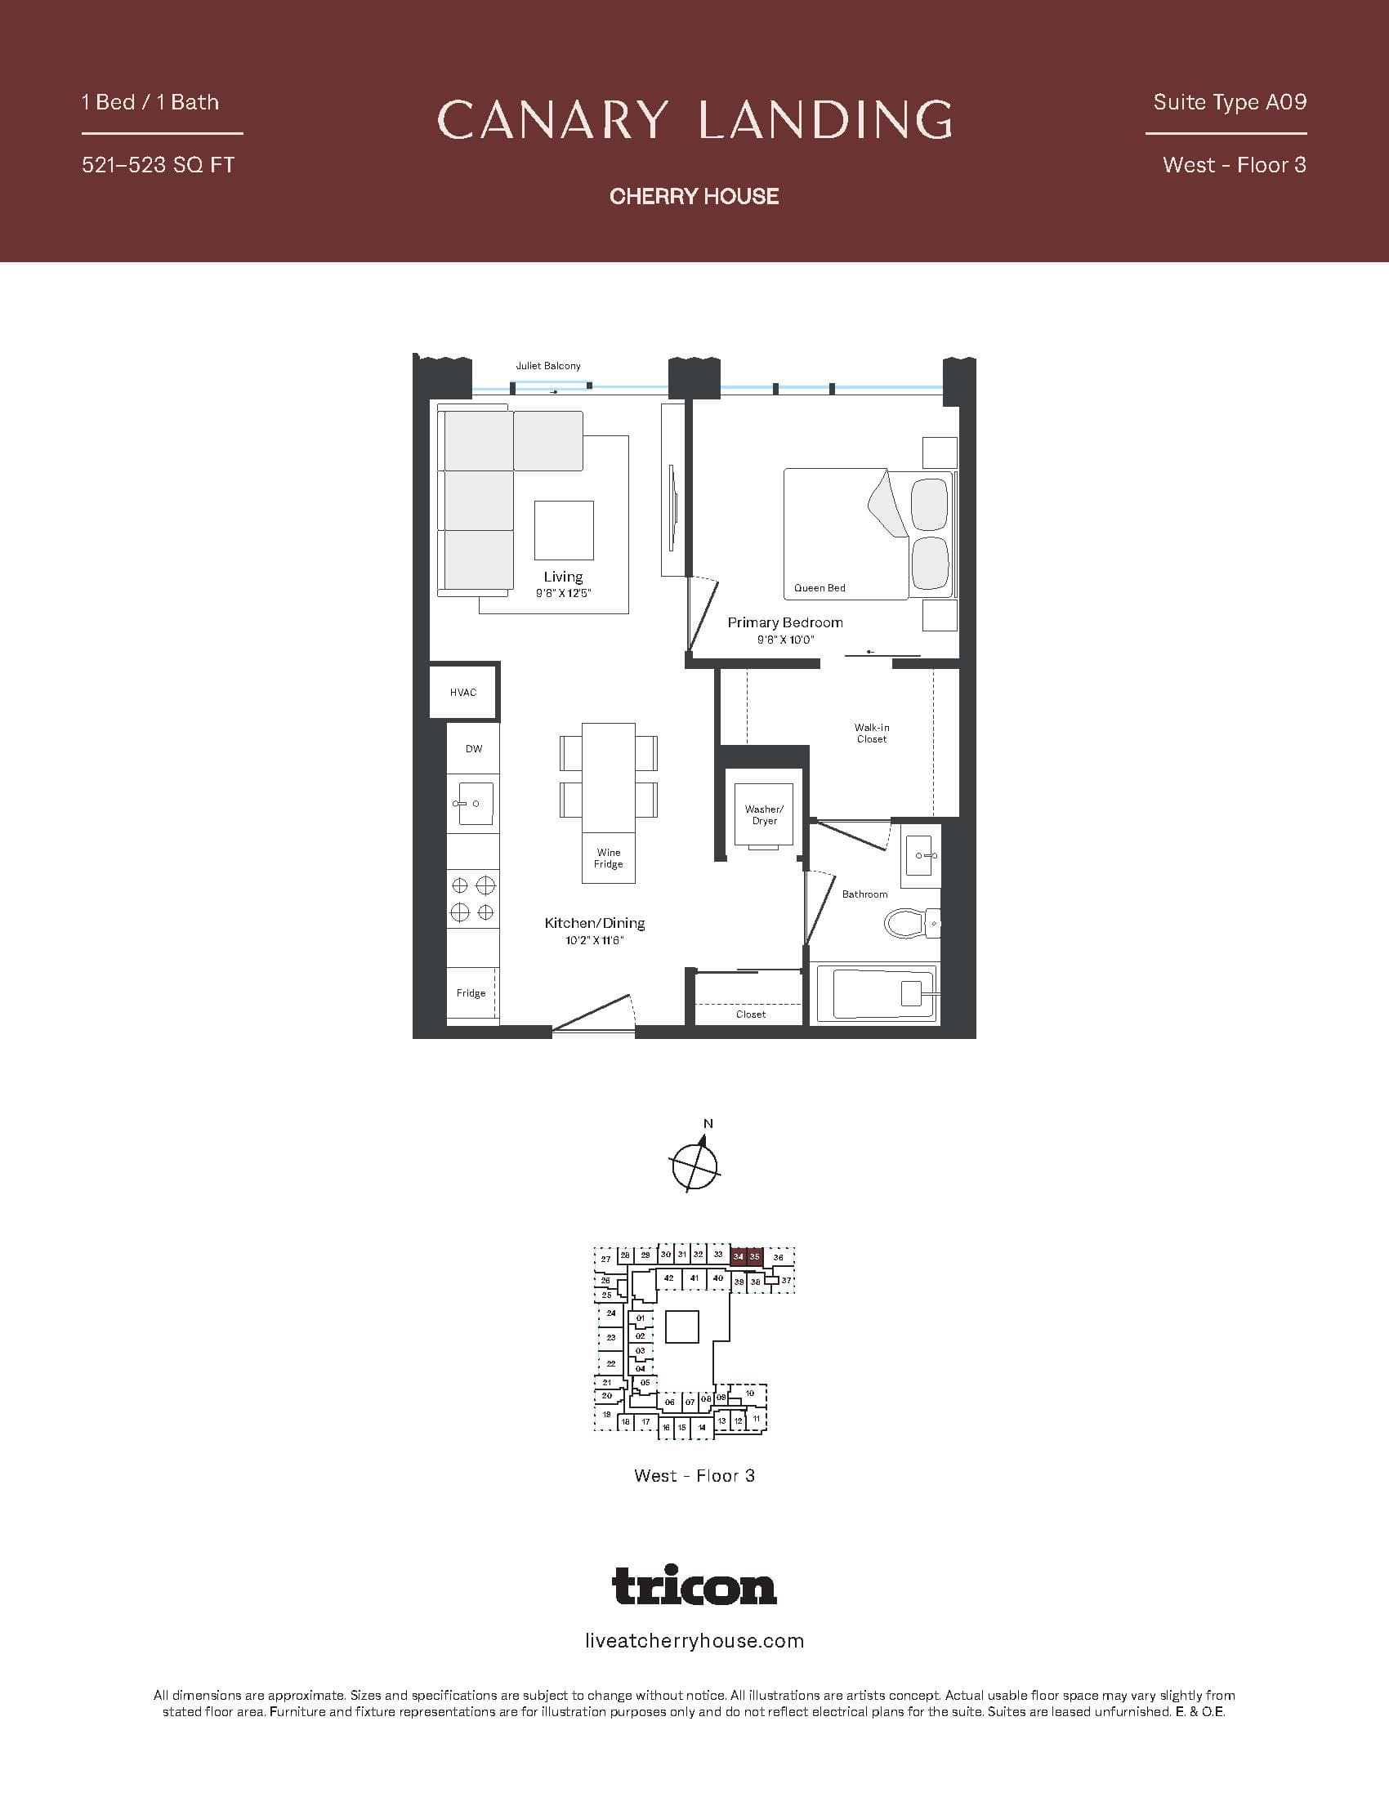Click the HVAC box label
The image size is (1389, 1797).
[x=462, y=693]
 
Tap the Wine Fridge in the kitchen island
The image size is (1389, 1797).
[x=608, y=858]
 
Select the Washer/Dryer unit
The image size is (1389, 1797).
[x=764, y=814]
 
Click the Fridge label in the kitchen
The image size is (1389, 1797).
[x=471, y=993]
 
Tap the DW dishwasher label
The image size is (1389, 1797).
[x=473, y=749]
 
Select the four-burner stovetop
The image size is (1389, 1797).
[x=472, y=898]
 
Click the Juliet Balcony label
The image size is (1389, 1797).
[x=548, y=366]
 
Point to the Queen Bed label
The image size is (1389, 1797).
[x=820, y=588]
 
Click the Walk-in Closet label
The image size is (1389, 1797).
[x=872, y=734]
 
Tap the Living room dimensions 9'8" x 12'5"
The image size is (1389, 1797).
[x=563, y=593]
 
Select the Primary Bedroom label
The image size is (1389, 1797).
[x=785, y=623]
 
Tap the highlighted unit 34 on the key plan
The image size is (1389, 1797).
[x=738, y=1256]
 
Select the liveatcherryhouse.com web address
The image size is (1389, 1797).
[x=694, y=1642]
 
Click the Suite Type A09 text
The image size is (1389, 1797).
[x=1230, y=102]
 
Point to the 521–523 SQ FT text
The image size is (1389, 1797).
[x=158, y=165]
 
